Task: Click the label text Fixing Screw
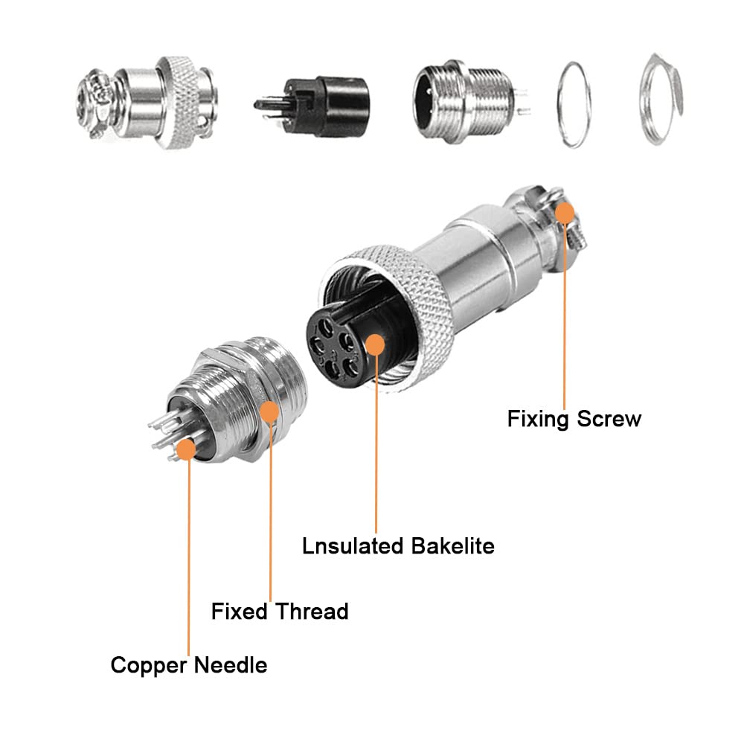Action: (x=574, y=418)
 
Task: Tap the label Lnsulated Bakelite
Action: (x=398, y=545)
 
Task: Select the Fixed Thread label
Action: (x=280, y=612)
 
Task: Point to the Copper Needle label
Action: (x=189, y=664)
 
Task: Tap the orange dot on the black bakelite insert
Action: (x=376, y=344)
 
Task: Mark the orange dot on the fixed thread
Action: (x=269, y=411)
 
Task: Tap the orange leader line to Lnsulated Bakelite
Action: (x=376, y=446)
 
